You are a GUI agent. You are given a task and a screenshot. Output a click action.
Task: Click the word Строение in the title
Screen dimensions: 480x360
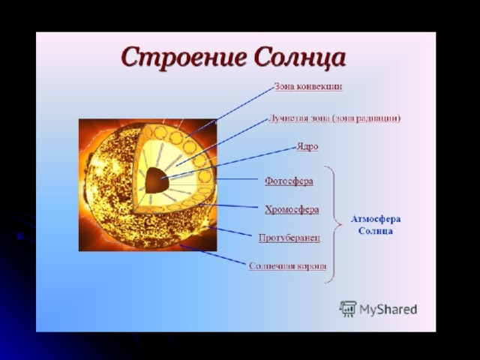tap(184, 58)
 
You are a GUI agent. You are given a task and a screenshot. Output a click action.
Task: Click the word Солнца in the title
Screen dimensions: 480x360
tap(300, 58)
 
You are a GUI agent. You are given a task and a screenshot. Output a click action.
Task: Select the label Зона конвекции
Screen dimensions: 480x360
tap(308, 87)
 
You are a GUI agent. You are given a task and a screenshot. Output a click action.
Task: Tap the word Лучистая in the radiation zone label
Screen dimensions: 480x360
tap(292, 118)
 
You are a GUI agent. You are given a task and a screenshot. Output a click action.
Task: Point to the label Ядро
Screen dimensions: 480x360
tap(307, 147)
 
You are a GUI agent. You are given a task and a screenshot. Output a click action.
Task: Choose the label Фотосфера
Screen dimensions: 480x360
tap(289, 181)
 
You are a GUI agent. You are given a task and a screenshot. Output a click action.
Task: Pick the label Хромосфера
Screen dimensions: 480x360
tap(292, 210)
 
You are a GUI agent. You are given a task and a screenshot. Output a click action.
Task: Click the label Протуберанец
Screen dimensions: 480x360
tap(289, 238)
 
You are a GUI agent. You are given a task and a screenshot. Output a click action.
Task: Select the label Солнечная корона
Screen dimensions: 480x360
tap(287, 266)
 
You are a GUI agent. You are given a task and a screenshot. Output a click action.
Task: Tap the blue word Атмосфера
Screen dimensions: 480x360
tap(376, 219)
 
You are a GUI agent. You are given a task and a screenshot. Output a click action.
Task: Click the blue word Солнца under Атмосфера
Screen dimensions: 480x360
tap(375, 231)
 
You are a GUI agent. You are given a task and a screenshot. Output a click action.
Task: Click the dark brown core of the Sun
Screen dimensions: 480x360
tap(157, 180)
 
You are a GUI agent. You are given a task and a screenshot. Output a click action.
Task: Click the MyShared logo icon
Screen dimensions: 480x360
tap(347, 309)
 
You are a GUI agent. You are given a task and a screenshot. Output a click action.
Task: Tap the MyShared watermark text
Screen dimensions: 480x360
tap(388, 310)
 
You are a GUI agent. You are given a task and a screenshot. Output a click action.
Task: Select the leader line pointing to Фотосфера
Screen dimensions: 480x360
tap(237, 179)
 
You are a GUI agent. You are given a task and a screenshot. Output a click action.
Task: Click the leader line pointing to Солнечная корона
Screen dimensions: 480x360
tap(212, 254)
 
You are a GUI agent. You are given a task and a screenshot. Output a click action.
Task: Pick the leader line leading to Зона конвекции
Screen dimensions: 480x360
tap(229, 112)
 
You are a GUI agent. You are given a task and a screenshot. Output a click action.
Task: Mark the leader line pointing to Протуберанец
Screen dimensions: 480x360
tap(229, 231)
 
